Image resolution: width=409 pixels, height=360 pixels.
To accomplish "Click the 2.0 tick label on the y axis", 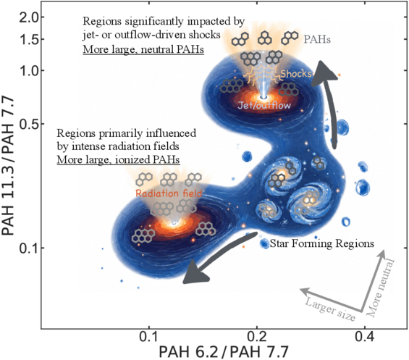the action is (29, 17).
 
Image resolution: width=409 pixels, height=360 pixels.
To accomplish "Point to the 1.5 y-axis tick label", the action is (29, 39).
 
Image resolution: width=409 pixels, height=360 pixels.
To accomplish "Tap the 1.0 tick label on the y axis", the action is (29, 71).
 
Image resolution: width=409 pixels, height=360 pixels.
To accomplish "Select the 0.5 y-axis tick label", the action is (29, 124).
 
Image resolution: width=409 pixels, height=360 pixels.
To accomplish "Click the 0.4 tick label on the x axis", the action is (365, 337).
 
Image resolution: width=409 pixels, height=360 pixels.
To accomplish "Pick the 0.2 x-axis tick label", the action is (257, 337).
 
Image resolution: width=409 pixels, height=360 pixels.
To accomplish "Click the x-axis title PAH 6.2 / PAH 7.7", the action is (224, 351).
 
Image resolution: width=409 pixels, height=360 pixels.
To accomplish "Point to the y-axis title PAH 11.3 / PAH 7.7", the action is (9, 165).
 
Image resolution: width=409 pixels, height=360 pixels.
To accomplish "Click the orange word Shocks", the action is (296, 74).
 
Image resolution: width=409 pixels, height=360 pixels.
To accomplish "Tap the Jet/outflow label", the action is (264, 105).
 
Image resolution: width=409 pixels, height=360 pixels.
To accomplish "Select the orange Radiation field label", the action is (169, 193).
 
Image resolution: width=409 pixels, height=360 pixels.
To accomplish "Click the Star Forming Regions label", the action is (322, 243).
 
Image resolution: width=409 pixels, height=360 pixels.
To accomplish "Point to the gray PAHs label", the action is (317, 39).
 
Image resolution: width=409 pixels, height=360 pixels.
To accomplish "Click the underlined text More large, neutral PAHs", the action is (143, 49).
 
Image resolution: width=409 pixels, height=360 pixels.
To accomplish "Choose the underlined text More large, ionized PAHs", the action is (118, 160).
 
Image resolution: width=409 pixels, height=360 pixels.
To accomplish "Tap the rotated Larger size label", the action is (330, 309).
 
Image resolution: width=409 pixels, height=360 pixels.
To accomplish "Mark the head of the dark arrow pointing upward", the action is (324, 72).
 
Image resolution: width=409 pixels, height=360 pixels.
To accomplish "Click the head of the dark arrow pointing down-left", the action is (195, 273).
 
